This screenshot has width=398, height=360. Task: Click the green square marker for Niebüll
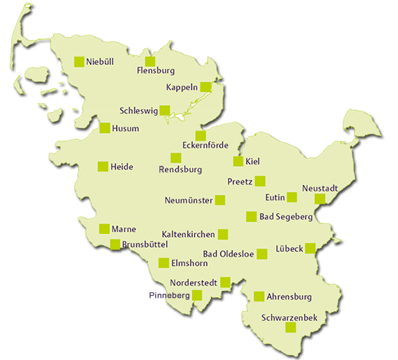tap(79, 61)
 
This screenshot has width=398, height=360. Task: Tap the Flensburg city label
tap(155, 70)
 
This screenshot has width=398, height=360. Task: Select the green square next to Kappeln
tap(205, 87)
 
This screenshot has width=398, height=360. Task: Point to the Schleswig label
tap(138, 111)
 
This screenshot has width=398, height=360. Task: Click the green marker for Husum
tap(104, 127)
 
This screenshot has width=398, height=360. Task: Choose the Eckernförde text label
tap(209, 145)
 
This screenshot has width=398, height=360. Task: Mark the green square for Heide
tap(103, 166)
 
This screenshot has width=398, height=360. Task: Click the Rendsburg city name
tap(180, 169)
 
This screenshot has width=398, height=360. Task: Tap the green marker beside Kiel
tap(238, 162)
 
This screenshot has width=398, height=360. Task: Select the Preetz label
tap(240, 182)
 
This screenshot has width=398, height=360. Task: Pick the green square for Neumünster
tap(221, 200)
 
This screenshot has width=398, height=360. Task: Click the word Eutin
tap(276, 198)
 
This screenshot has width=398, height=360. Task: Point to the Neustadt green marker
tap(320, 199)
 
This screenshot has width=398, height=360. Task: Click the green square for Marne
tap(104, 228)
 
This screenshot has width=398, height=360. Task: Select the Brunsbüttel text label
tap(145, 244)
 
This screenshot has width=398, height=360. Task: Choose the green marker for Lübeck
tap(310, 248)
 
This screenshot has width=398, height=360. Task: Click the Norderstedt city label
tap(194, 283)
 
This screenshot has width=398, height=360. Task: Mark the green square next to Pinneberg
tap(198, 295)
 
